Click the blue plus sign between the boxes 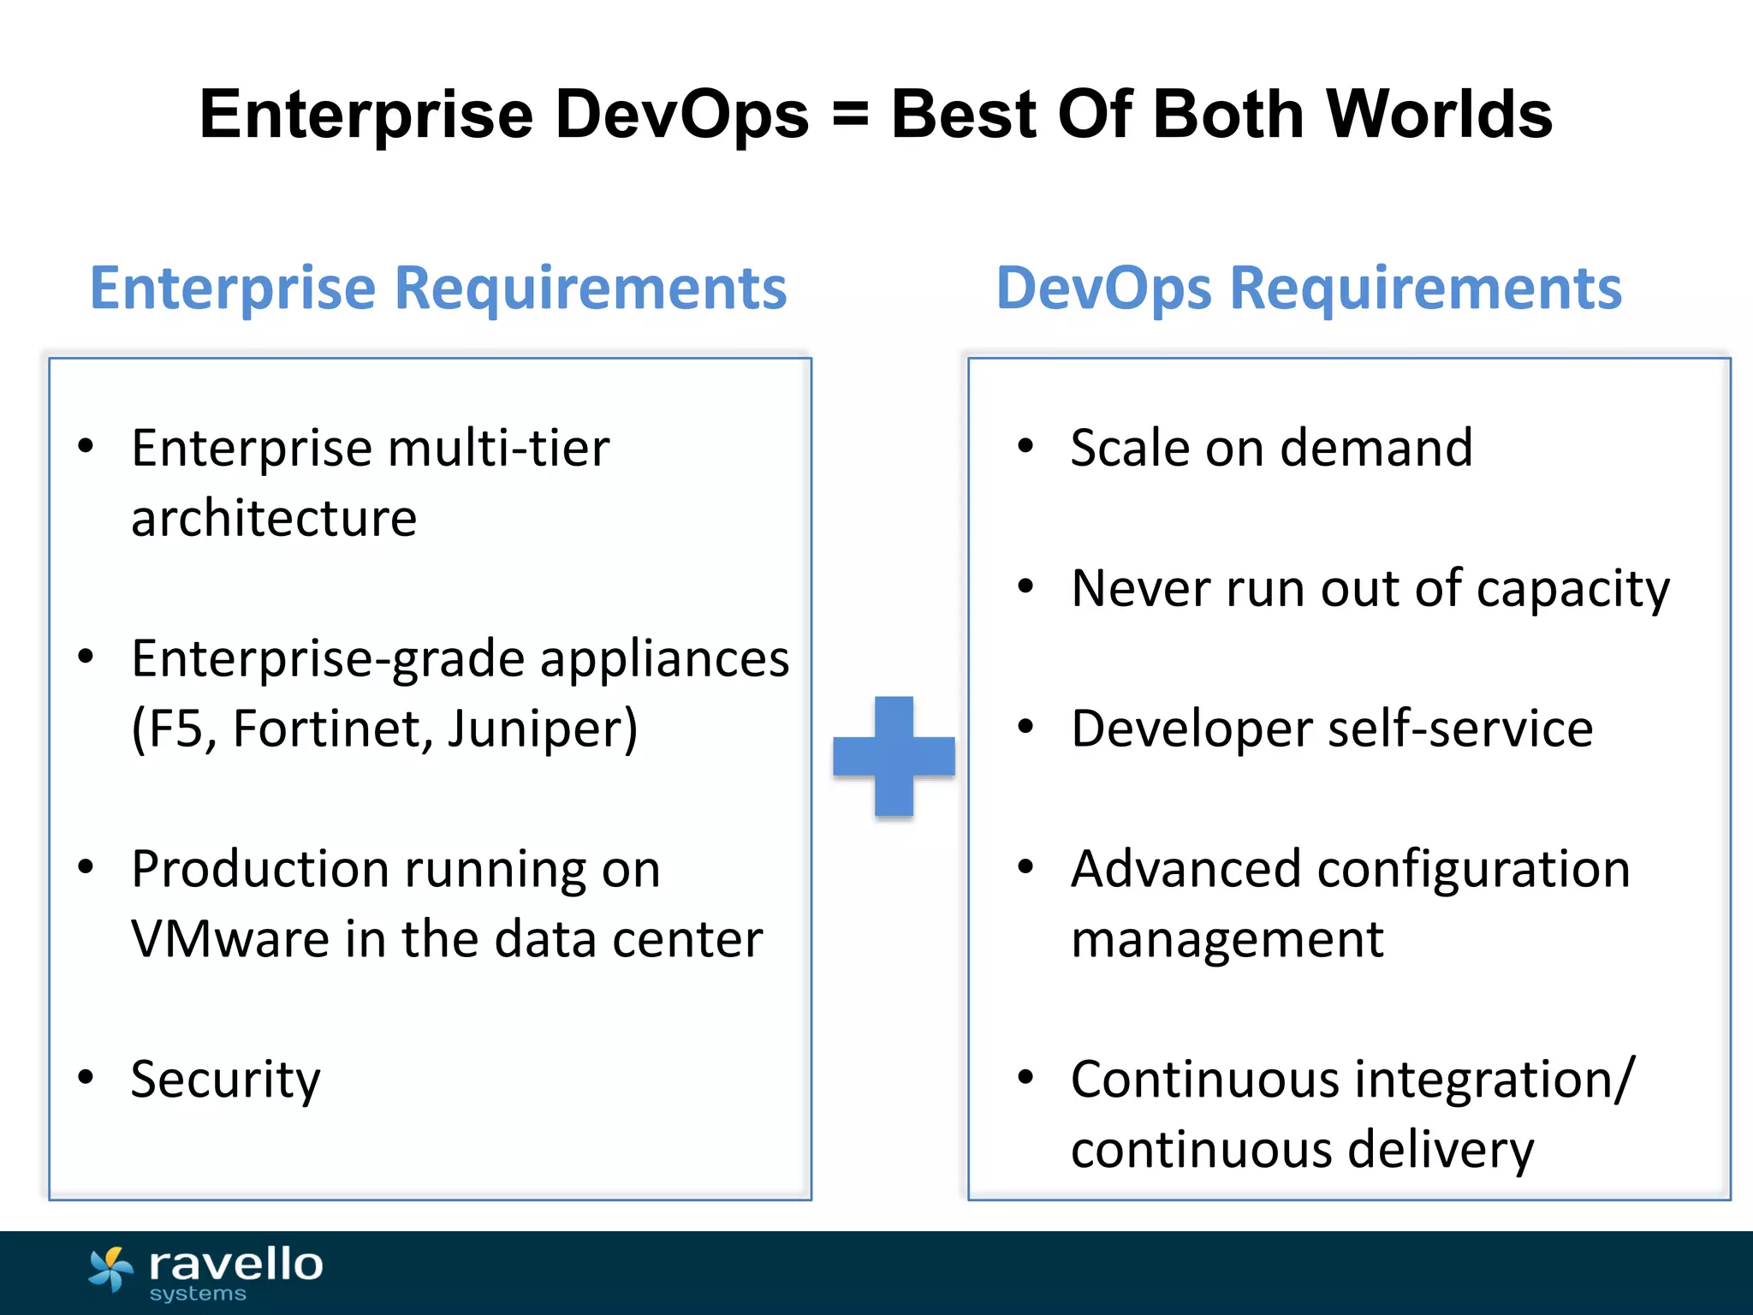point(894,756)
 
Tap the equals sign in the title point(850,115)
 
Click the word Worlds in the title point(1439,115)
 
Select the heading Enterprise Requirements point(438,288)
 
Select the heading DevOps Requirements point(1309,288)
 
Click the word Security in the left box point(225,1080)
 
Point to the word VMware point(229,939)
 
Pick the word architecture point(274,519)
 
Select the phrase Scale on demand point(1271,448)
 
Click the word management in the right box point(1227,940)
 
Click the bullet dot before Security point(86,1077)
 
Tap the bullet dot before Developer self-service point(1025,727)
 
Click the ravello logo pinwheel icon point(111,1269)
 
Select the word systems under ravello point(198,1294)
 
